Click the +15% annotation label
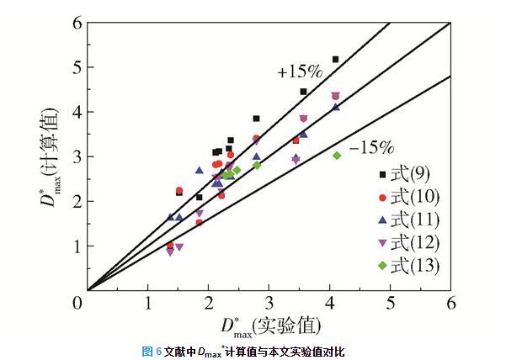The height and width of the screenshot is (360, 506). (x=296, y=72)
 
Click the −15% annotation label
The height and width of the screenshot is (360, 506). (x=370, y=148)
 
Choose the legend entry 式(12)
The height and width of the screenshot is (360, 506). (x=405, y=243)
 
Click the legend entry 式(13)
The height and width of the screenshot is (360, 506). (x=405, y=266)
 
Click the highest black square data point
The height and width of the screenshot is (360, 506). (x=335, y=59)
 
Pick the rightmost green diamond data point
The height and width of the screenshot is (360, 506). (x=337, y=155)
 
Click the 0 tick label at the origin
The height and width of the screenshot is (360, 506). (x=79, y=301)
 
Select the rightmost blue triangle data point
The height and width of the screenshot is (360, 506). (x=336, y=107)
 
